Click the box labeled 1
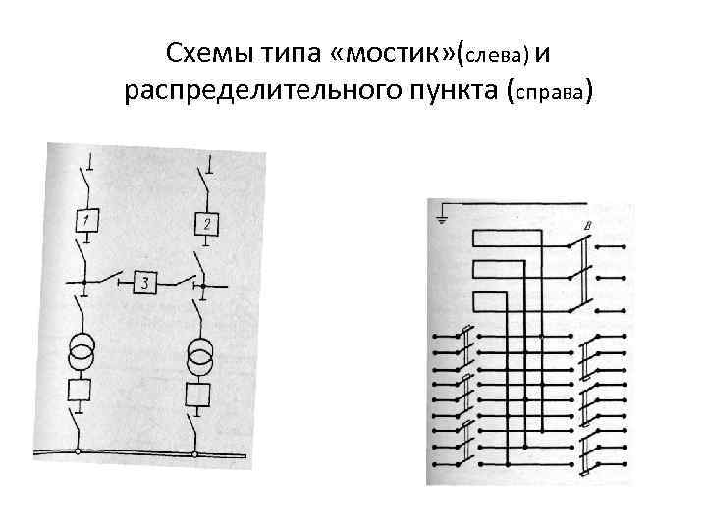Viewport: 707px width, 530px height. pyautogui.click(x=87, y=221)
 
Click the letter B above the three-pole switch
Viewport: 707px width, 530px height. pyautogui.click(x=586, y=228)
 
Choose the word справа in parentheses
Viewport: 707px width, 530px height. pyautogui.click(x=549, y=93)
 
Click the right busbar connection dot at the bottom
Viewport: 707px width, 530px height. pyautogui.click(x=194, y=454)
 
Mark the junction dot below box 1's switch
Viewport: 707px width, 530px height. pyautogui.click(x=83, y=283)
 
